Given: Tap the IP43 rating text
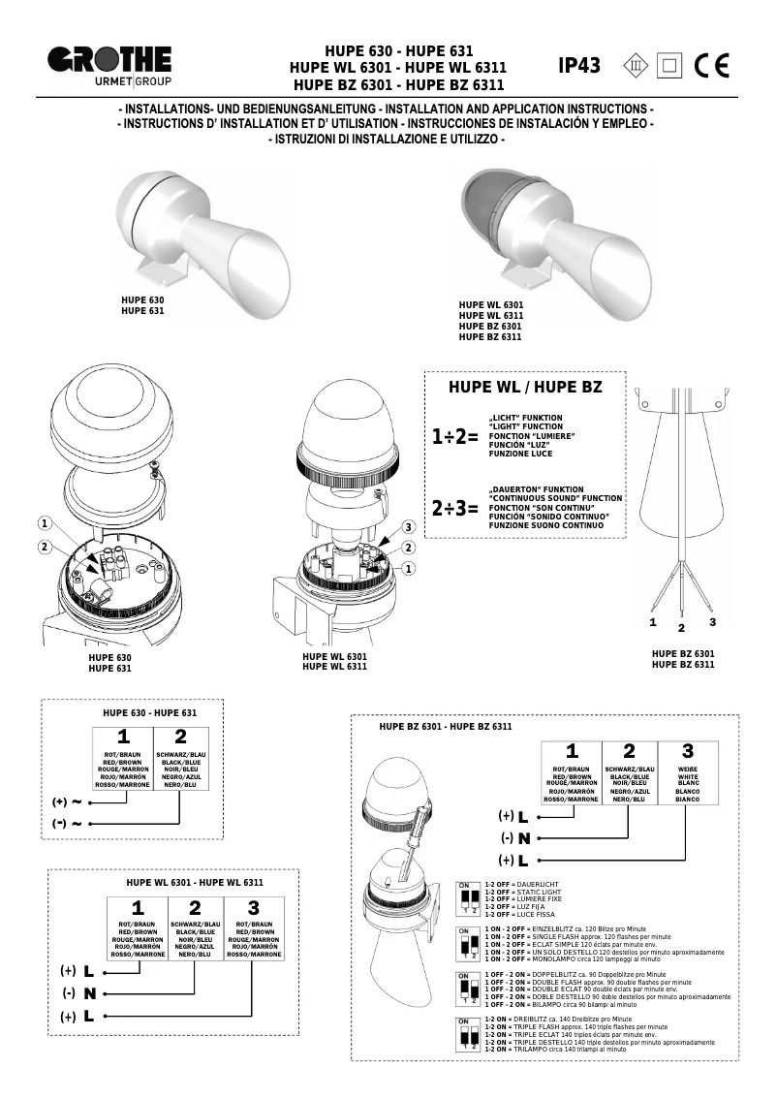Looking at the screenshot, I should pos(579,66).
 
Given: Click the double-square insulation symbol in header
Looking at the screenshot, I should pos(668,66).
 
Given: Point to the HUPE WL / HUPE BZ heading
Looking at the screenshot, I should pos(524,387).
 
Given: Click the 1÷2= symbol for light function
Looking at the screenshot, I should pos(454,437).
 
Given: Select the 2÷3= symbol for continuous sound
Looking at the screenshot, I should pos(454,508).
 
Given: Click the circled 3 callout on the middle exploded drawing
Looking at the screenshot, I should pos(409,527).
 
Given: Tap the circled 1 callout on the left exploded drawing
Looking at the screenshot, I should pos(44,523).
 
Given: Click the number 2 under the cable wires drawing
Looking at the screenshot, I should pos(681,627).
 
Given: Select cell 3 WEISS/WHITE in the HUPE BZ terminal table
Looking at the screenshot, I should pos(687,773).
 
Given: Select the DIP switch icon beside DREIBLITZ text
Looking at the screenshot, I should pos(468,1035).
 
